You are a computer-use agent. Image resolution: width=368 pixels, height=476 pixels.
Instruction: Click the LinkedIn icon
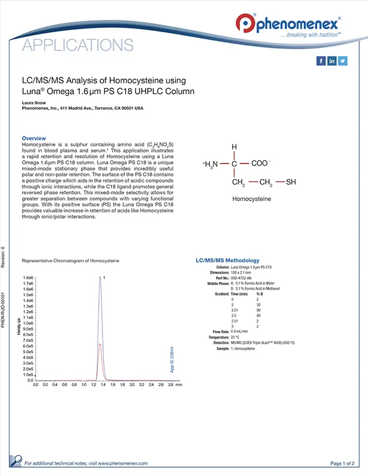tap(332, 61)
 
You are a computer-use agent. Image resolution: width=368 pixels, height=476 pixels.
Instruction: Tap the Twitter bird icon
tap(342, 61)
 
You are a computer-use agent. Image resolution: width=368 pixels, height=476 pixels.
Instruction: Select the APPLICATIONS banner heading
tap(77, 45)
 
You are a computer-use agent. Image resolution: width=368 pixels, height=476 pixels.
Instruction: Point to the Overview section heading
tap(34, 138)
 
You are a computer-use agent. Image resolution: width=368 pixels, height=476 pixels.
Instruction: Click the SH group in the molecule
tap(291, 182)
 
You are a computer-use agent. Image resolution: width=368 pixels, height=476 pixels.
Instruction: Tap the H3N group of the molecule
tap(212, 164)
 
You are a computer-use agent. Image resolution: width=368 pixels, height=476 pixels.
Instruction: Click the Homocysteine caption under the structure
tap(252, 201)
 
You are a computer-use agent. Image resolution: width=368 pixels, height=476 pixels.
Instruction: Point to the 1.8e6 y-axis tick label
tap(28, 278)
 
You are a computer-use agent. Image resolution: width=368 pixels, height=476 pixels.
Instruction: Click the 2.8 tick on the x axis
tap(171, 386)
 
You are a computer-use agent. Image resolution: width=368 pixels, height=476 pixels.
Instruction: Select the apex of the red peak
tap(100, 344)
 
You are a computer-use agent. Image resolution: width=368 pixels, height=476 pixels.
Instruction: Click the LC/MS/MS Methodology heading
tap(227, 261)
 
